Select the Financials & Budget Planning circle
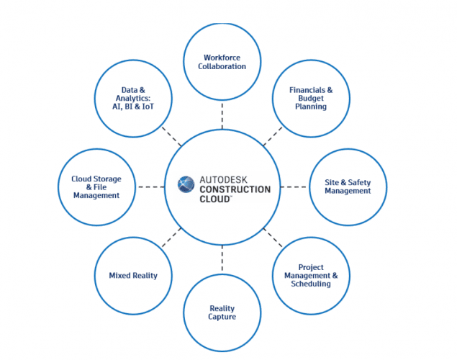(x=310, y=98)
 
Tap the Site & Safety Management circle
(x=348, y=186)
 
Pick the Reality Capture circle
(x=222, y=312)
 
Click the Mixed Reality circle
(x=133, y=275)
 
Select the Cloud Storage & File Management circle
(x=96, y=186)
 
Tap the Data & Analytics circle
(x=134, y=98)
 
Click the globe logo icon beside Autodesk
(x=186, y=183)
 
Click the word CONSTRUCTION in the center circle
(x=235, y=189)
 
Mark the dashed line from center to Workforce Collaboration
(x=222, y=114)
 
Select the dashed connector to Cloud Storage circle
(x=151, y=186)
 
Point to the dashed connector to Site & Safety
(x=294, y=186)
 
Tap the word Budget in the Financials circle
(x=310, y=98)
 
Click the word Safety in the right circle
(x=358, y=182)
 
